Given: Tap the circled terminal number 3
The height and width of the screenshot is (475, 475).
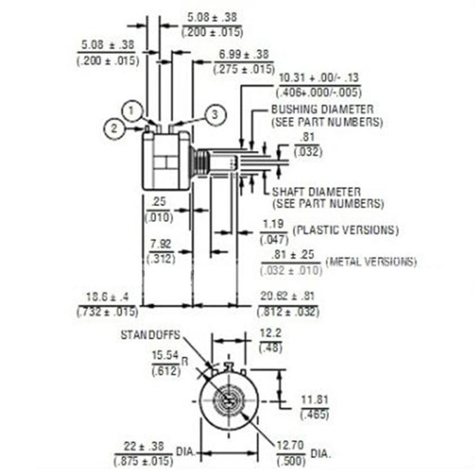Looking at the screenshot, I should click(x=214, y=114).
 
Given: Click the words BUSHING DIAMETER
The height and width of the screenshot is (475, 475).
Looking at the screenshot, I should click(x=322, y=109).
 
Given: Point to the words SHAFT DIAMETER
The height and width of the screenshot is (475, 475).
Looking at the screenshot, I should click(x=316, y=192).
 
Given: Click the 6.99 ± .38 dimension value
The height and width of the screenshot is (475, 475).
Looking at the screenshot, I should click(x=244, y=55).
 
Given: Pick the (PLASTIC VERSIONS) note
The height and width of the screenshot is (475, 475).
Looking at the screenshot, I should click(x=345, y=230).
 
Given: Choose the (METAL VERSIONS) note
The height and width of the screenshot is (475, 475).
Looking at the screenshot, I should click(x=371, y=262).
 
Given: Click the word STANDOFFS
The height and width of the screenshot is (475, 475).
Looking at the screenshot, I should click(x=150, y=335).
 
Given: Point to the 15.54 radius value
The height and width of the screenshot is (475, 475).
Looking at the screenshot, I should click(x=164, y=355).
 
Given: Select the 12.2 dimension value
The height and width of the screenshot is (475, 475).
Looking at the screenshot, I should click(x=271, y=334).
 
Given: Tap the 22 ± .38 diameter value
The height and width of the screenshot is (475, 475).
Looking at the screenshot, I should click(x=143, y=446).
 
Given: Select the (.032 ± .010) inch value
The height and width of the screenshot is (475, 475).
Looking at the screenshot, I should click(x=292, y=270).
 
